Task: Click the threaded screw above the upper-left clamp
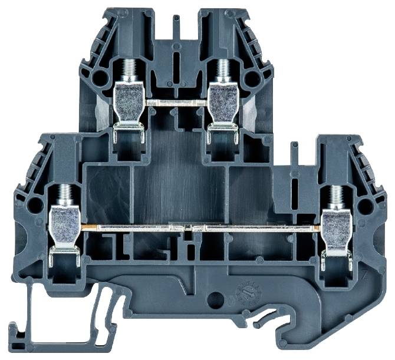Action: tap(127, 70)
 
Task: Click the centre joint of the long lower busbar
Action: tap(187, 226)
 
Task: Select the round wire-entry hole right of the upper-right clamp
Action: tap(252, 77)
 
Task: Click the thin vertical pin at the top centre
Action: tap(176, 24)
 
